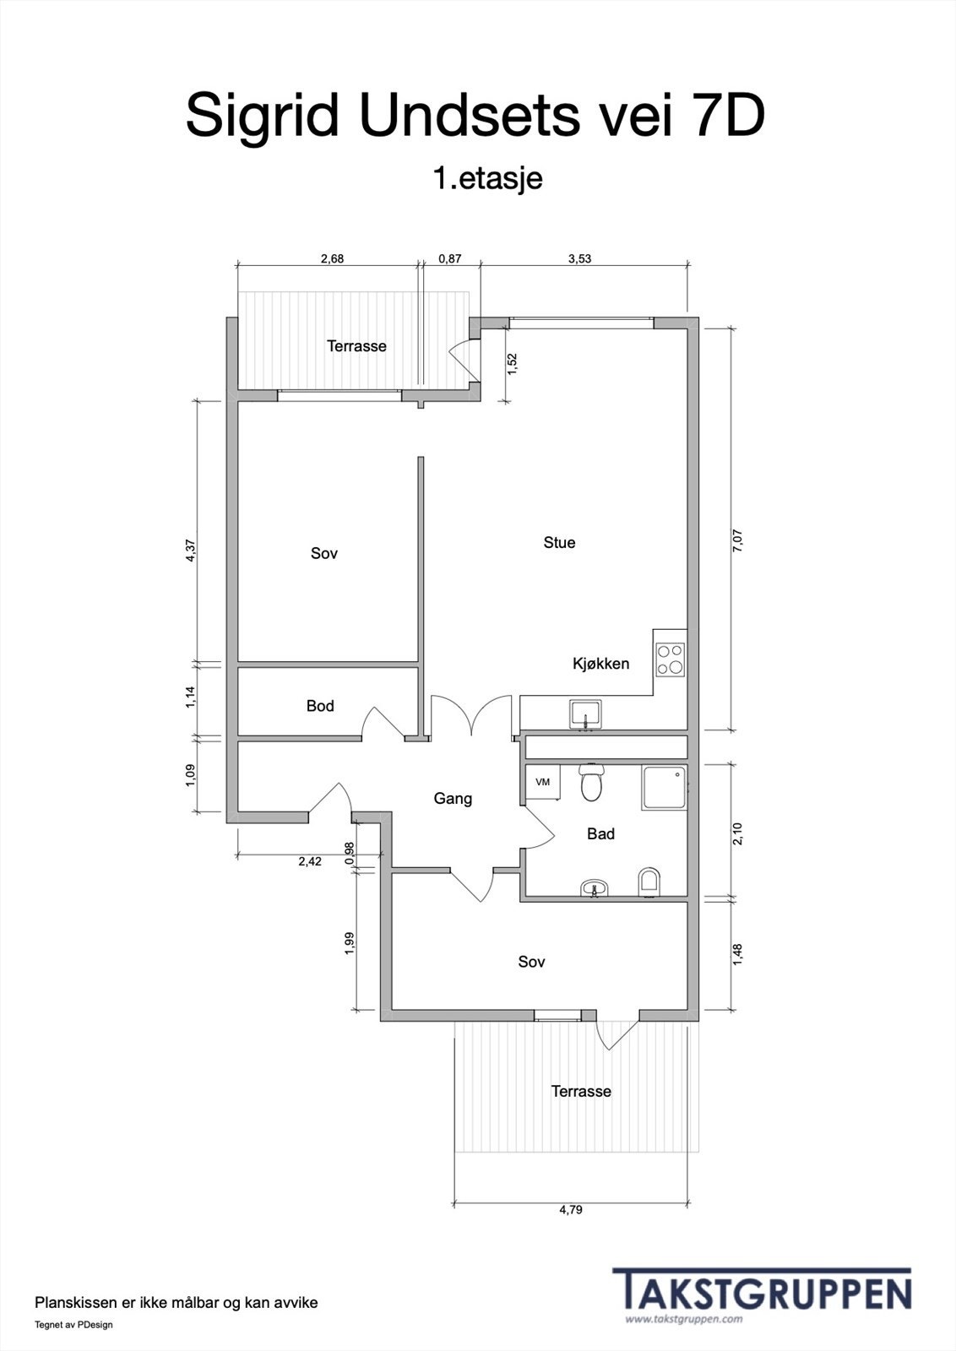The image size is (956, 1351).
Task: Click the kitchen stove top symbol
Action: coord(670,659)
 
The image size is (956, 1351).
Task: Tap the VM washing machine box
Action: coord(542,782)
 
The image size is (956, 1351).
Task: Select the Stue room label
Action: coord(559,542)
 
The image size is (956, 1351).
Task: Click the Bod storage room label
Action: coord(320,706)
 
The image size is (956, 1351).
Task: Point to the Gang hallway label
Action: coord(453,799)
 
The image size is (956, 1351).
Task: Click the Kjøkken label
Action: coord(600,664)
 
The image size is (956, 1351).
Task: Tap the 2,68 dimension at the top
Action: coord(332,258)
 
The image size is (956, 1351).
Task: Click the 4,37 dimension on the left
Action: coord(191,551)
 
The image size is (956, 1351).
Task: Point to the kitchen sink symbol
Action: coord(585,715)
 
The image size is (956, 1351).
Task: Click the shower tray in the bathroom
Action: coord(664,788)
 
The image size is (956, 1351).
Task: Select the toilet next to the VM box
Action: coord(590,782)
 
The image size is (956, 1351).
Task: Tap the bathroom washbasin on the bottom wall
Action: coord(595,889)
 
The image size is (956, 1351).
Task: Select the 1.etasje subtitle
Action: coord(487,178)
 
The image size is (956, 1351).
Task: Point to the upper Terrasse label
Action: coord(356,346)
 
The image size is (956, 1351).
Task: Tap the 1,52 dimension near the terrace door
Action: coord(513,364)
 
